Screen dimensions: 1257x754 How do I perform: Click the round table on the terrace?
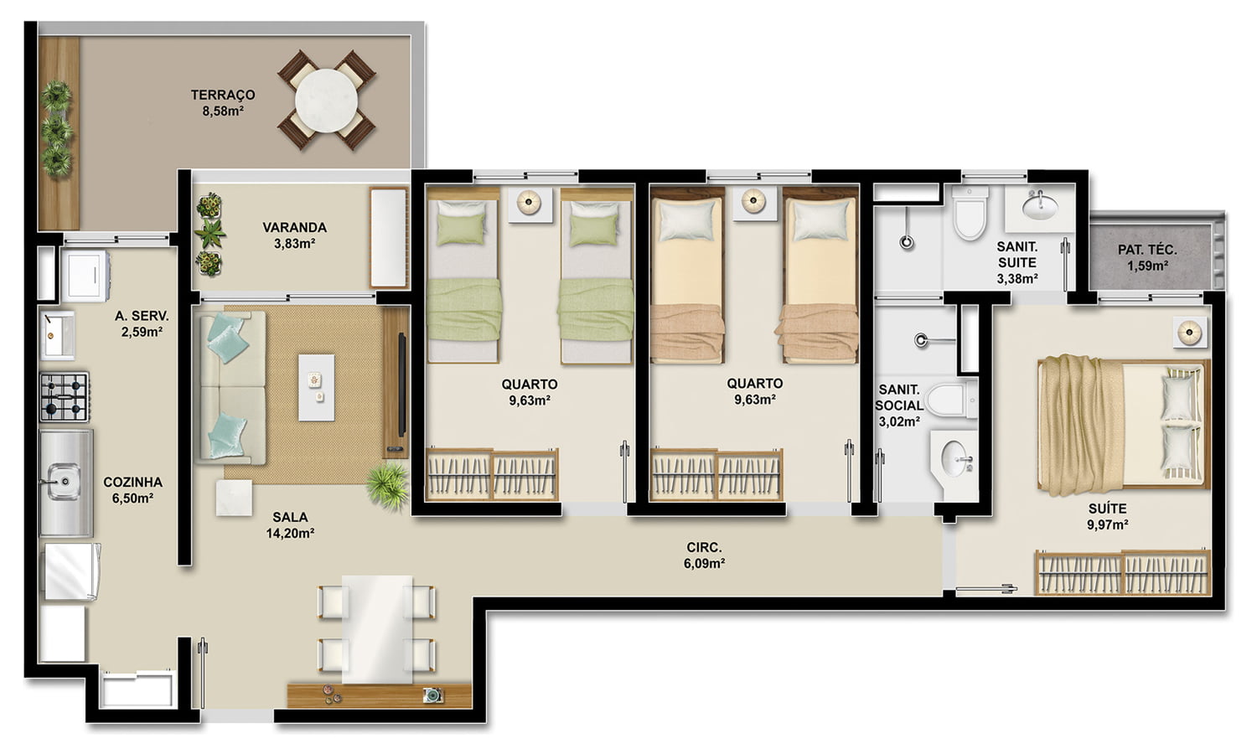(x=326, y=101)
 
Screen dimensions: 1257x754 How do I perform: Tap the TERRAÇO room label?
(x=223, y=95)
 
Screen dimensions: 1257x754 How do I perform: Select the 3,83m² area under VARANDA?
(x=294, y=244)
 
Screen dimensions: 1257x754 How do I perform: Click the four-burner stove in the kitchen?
(x=64, y=397)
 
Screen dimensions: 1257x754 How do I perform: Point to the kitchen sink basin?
(x=64, y=481)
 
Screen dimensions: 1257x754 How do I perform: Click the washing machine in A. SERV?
(x=85, y=276)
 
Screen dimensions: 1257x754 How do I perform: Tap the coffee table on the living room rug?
(x=316, y=387)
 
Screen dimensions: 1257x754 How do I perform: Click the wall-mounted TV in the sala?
(x=401, y=385)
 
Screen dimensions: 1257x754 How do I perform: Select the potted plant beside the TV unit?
(x=388, y=486)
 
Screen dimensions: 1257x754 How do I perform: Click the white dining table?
(x=377, y=629)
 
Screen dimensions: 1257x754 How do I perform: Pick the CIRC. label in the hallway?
(x=704, y=548)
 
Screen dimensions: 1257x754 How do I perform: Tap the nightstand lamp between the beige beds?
(x=753, y=200)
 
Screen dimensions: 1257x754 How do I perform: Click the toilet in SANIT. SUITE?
(x=970, y=213)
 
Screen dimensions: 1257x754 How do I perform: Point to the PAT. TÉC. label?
(x=1147, y=250)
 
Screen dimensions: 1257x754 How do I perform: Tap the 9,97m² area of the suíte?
(x=1107, y=525)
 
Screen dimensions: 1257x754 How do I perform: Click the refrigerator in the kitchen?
(x=70, y=571)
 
